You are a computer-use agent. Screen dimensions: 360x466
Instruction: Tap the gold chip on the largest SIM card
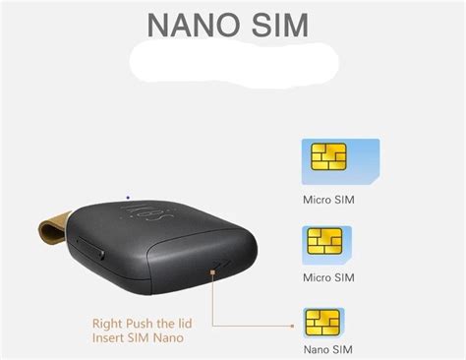pyautogui.click(x=329, y=157)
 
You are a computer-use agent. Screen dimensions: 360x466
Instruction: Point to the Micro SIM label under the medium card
pyautogui.click(x=328, y=277)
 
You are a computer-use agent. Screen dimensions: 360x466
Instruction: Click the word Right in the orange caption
pyautogui.click(x=109, y=323)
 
